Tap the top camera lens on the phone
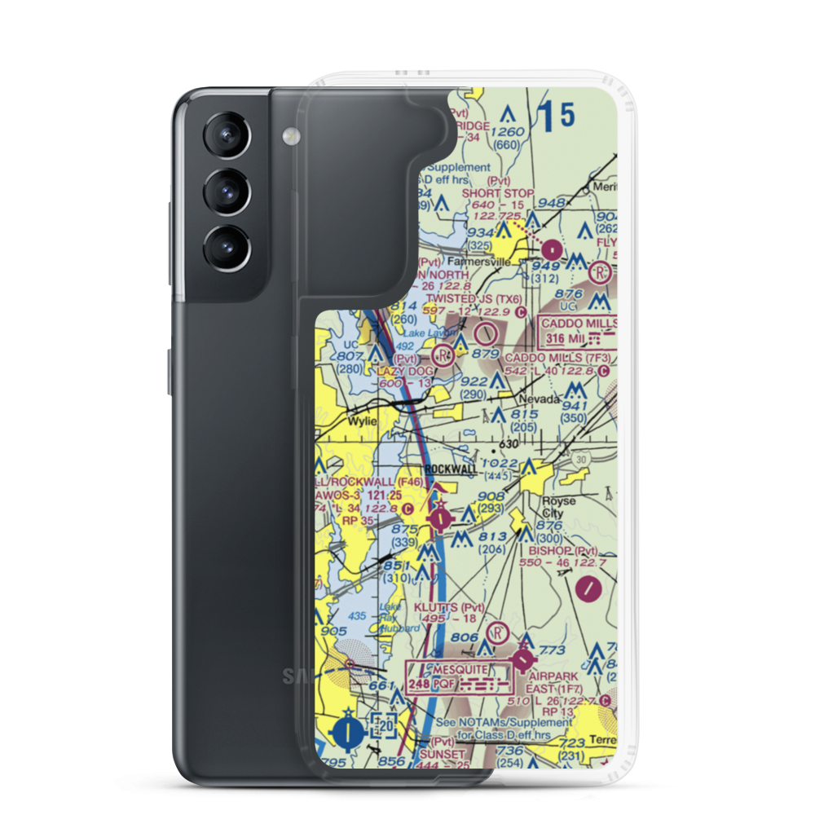225,133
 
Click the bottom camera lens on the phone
225,245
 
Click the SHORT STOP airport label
498,193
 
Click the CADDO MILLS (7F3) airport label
554,358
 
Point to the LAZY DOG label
406,371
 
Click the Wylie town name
362,421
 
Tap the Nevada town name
541,399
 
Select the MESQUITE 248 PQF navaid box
460,676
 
